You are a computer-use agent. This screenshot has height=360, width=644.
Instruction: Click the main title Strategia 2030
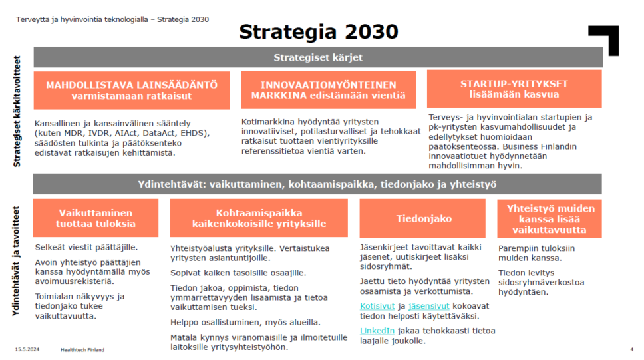click(x=319, y=31)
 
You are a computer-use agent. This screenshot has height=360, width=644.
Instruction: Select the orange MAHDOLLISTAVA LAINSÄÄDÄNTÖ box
click(x=132, y=90)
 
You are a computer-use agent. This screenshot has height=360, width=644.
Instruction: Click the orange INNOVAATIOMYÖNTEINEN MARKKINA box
click(x=328, y=90)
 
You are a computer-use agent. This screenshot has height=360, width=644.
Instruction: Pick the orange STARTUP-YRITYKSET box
click(x=514, y=89)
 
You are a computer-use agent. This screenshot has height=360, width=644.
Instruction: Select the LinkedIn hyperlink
click(x=377, y=331)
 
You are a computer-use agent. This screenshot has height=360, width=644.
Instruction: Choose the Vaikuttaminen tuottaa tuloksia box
click(x=96, y=218)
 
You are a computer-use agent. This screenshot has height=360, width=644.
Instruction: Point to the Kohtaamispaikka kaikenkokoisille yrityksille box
click(x=259, y=218)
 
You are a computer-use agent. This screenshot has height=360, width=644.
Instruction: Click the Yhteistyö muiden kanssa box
click(x=549, y=218)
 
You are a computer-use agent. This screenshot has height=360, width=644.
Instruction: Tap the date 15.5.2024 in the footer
click(x=27, y=349)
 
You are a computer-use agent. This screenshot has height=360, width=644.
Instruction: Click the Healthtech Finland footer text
click(x=82, y=349)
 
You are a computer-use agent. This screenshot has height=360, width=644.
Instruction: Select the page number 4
click(x=631, y=349)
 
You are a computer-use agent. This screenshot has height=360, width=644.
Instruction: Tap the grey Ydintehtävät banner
click(x=317, y=184)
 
